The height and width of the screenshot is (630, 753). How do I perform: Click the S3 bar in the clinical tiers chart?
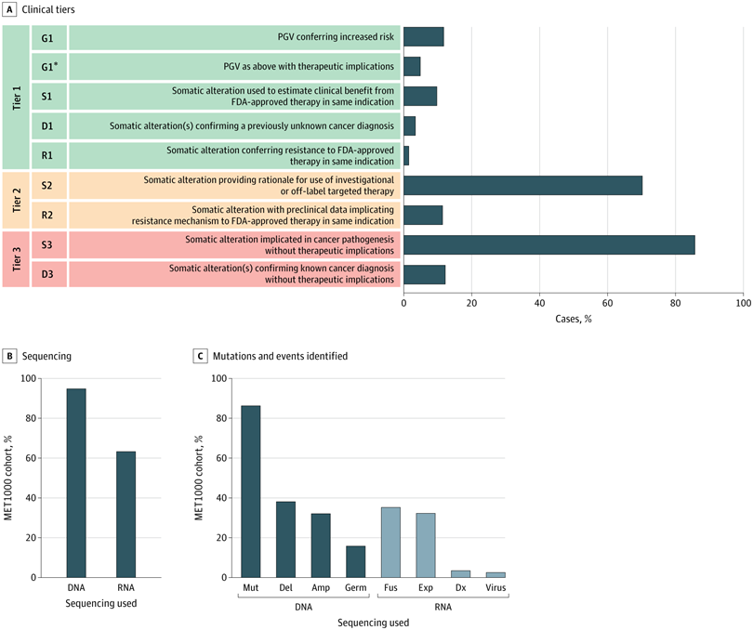pos(548,244)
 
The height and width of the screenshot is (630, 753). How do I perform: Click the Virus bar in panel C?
pos(496,574)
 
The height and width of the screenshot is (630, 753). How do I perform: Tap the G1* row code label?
pos(49,66)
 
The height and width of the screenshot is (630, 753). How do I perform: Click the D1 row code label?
pos(48,125)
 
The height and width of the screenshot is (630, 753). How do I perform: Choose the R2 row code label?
pos(48,215)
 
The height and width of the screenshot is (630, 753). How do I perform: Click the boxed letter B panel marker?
pos(9,355)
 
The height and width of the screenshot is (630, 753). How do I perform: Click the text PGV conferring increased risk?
pos(336,37)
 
